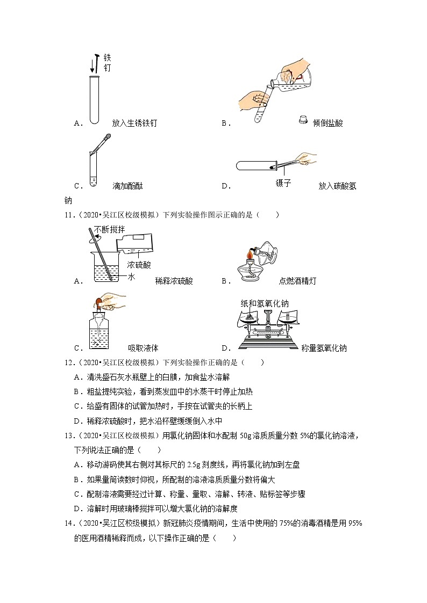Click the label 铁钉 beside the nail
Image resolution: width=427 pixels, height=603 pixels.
point(107,62)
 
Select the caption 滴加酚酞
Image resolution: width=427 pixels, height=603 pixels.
point(127,186)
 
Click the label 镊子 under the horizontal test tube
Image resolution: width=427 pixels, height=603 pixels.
point(283,183)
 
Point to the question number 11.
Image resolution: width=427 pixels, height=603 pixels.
point(68,215)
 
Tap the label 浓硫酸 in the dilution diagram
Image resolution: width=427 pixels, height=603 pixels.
point(139,265)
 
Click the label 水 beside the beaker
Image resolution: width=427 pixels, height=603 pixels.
point(131,277)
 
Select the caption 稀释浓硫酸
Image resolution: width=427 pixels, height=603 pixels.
point(174,280)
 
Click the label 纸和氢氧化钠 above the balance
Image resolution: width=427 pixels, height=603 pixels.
point(265,303)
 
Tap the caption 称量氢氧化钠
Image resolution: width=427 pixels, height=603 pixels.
point(324,348)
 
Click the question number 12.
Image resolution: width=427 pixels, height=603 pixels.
point(68,362)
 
